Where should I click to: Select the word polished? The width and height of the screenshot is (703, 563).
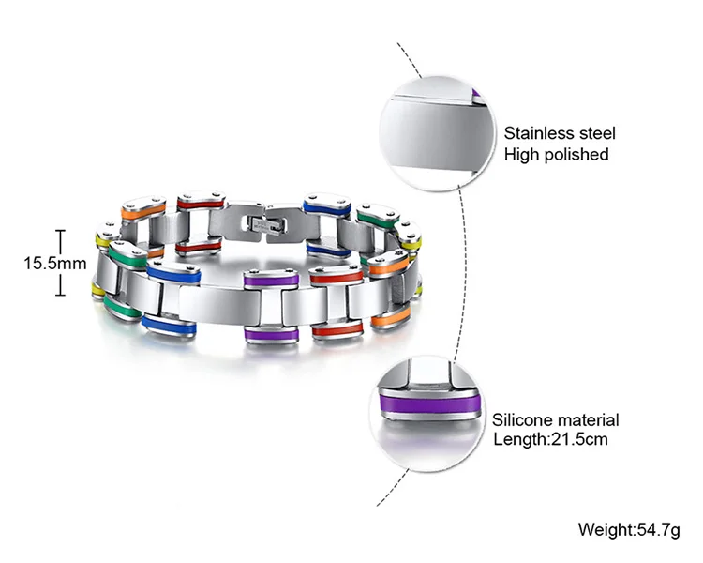[576, 154]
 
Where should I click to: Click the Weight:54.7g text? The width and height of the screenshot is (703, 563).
[628, 530]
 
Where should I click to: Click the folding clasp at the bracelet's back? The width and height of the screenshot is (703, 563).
[261, 224]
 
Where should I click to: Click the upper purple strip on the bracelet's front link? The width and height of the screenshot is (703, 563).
[272, 278]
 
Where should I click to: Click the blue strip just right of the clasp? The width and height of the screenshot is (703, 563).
[326, 207]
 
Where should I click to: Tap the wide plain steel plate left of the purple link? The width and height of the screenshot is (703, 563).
[209, 302]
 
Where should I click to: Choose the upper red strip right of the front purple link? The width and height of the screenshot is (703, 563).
[337, 277]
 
